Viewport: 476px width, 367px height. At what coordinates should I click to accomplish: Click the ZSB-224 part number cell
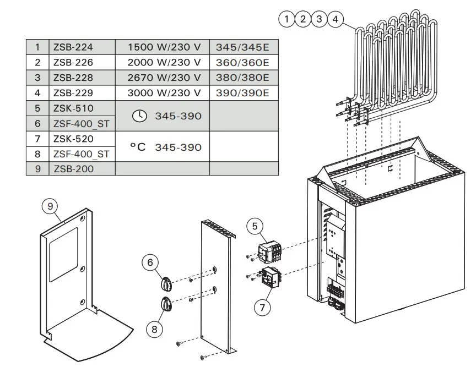point(73,47)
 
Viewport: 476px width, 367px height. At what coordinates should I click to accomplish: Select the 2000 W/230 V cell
point(164,63)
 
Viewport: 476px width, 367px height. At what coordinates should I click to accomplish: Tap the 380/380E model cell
point(242,78)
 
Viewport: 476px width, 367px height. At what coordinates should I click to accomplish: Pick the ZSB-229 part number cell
point(73,93)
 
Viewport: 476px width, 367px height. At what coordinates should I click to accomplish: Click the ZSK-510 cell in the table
point(73,108)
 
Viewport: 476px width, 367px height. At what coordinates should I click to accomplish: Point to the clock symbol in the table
point(140,116)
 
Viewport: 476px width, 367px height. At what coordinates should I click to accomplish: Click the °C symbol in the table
point(138,147)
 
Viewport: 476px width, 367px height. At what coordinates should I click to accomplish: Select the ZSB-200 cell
point(73,169)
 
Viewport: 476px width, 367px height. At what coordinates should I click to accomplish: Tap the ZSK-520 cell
point(73,139)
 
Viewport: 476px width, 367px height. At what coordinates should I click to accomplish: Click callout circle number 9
point(50,206)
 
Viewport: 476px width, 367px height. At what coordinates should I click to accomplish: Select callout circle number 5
point(255,225)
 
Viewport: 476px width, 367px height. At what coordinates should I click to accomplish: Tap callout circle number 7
point(262,307)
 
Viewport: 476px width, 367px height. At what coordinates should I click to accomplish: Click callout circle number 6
point(150,262)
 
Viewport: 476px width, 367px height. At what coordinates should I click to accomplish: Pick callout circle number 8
point(154,329)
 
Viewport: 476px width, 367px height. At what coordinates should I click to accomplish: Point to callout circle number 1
point(287,20)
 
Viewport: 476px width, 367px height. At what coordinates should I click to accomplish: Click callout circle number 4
point(335,20)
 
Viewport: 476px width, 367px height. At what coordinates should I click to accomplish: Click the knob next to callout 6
point(166,284)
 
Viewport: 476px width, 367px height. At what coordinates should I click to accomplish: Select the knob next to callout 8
point(166,303)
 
